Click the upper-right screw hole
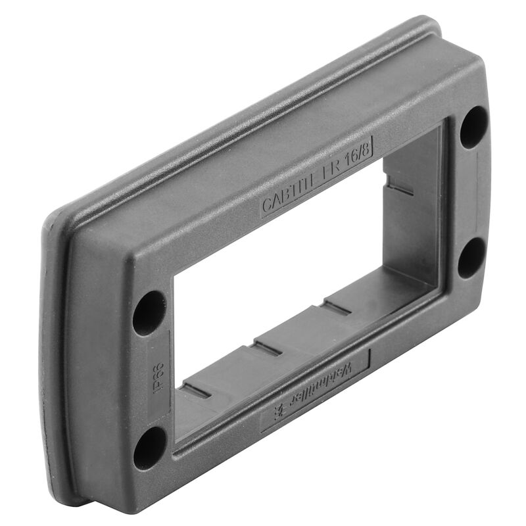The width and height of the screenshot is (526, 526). pyautogui.click(x=473, y=126)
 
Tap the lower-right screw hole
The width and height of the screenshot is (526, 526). pyautogui.click(x=471, y=256)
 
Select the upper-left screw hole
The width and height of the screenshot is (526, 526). pyautogui.click(x=149, y=312)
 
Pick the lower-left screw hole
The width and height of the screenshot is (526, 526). pyautogui.click(x=150, y=447)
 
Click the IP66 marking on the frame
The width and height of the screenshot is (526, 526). pyautogui.click(x=157, y=375)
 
